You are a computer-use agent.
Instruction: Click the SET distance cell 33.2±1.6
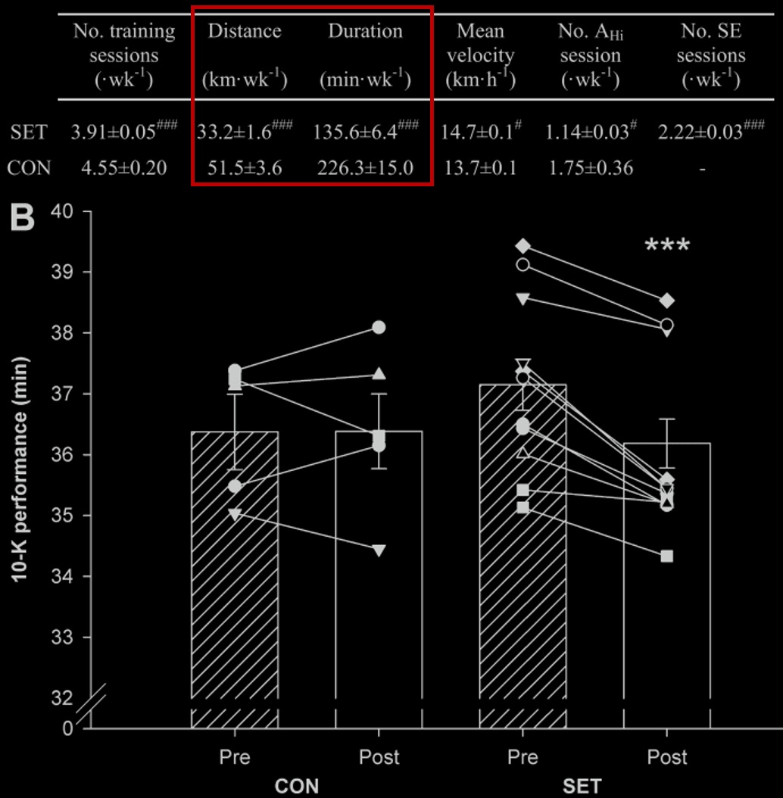[x=234, y=132]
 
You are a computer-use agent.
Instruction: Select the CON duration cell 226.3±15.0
[x=364, y=167]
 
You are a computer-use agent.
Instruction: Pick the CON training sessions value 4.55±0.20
[x=124, y=167]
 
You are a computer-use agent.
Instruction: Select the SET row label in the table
[x=28, y=132]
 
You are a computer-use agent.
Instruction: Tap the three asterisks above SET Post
[x=666, y=247]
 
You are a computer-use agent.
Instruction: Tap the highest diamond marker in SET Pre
[x=523, y=246]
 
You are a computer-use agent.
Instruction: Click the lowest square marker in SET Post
[x=667, y=556]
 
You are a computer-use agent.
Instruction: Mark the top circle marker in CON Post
[x=379, y=327]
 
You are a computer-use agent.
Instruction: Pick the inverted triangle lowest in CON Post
[x=379, y=550]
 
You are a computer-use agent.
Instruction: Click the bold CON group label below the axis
[x=296, y=786]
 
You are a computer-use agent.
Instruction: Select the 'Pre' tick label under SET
[x=523, y=757]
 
